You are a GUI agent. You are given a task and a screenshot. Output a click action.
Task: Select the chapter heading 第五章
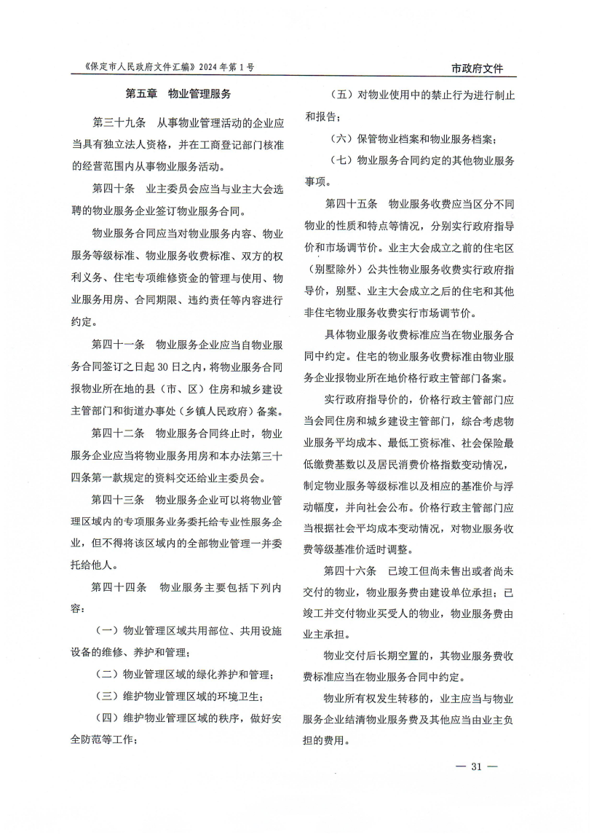(141, 93)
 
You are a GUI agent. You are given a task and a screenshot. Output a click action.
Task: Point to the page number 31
(477, 766)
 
